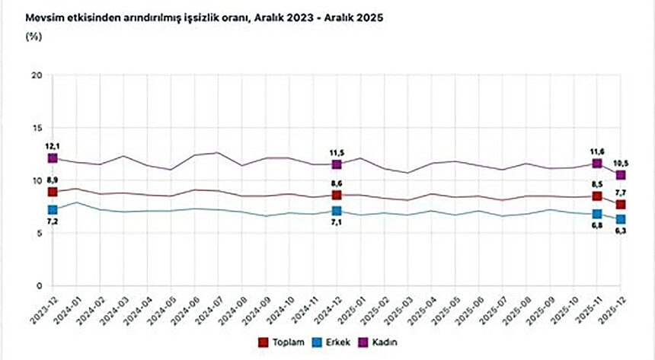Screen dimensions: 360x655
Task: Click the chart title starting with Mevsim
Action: pyautogui.click(x=204, y=17)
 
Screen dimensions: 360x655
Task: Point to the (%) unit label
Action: pyautogui.click(x=34, y=35)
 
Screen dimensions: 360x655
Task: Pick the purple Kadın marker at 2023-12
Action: pyautogui.click(x=53, y=158)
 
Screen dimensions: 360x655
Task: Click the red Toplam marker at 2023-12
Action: pyautogui.click(x=53, y=192)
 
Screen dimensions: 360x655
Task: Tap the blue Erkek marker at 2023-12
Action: pyautogui.click(x=53, y=210)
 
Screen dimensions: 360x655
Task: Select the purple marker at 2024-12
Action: pyautogui.click(x=337, y=164)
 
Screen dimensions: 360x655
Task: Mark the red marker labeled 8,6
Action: pyautogui.click(x=337, y=195)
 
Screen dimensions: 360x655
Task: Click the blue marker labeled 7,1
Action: pyautogui.click(x=337, y=211)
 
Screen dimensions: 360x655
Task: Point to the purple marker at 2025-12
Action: pyautogui.click(x=621, y=175)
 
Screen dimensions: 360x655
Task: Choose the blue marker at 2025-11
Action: pyautogui.click(x=597, y=214)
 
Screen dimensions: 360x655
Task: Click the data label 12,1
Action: pyautogui.click(x=53, y=145)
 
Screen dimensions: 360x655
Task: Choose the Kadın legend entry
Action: pyautogui.click(x=383, y=342)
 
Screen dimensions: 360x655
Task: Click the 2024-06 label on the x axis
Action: pyautogui.click(x=189, y=311)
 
